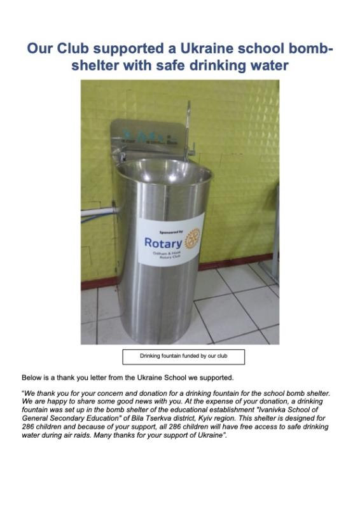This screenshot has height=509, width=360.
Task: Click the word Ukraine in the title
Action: pos(207,49)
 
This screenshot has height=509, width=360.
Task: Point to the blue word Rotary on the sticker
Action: pos(163,242)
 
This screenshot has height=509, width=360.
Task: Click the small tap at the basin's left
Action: pos(121,155)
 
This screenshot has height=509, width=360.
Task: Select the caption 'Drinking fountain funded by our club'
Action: pos(183,356)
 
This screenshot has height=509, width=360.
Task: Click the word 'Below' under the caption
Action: pos(32,377)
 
